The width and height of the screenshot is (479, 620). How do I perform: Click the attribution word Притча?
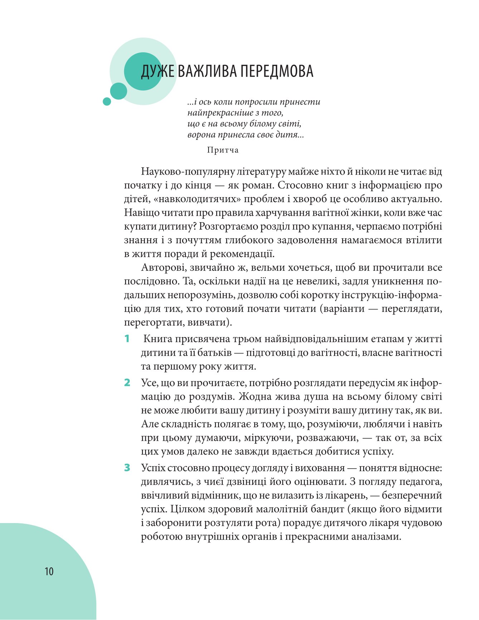pyautogui.click(x=223, y=150)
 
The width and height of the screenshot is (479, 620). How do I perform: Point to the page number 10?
pyautogui.click(x=49, y=571)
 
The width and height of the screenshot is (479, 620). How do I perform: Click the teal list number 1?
pyautogui.click(x=127, y=339)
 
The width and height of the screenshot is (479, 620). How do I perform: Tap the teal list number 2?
pyautogui.click(x=127, y=383)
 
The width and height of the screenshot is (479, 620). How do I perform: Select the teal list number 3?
pyautogui.click(x=127, y=468)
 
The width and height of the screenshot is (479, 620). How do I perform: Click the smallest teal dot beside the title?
pyautogui.click(x=107, y=102)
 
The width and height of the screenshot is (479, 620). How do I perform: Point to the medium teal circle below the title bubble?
pyautogui.click(x=118, y=91)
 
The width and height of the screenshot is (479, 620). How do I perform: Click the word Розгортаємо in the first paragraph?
pyautogui.click(x=236, y=226)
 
